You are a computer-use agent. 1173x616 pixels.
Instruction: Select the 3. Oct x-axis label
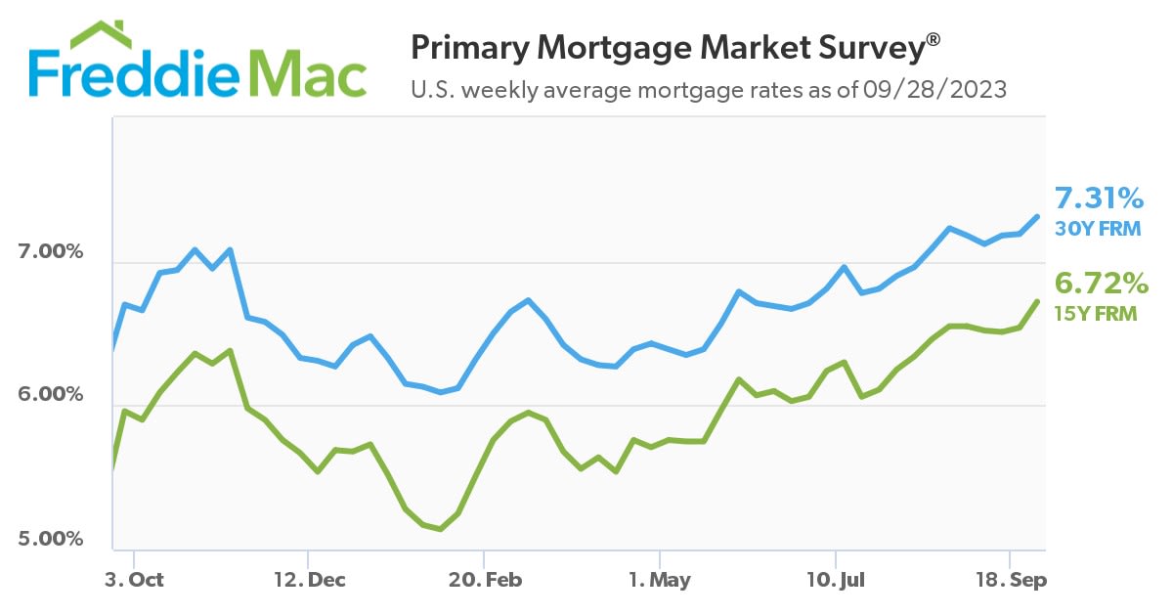tap(133, 579)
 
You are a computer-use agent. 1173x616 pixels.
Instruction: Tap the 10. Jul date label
tap(835, 579)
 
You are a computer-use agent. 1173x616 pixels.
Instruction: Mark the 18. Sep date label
tap(1011, 579)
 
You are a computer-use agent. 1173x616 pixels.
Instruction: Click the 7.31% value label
tap(1100, 199)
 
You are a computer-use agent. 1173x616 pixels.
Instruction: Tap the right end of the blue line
tap(1037, 216)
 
